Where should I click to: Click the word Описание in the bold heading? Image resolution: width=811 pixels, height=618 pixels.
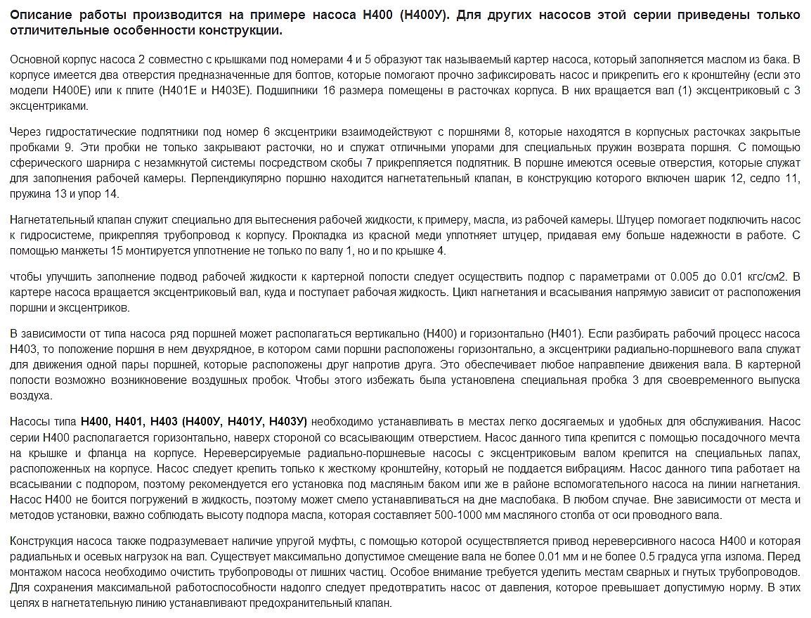(x=39, y=15)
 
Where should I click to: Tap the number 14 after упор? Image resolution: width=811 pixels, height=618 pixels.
(x=112, y=194)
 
